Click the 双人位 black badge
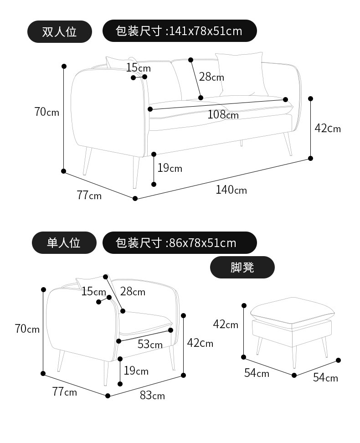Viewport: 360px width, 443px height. click(x=60, y=31)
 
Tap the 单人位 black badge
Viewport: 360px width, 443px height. click(x=64, y=242)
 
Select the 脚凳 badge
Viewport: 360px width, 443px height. click(x=242, y=267)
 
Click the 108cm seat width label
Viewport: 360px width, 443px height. click(x=223, y=114)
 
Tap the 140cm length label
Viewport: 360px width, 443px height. click(x=231, y=189)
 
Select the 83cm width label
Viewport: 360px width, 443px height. click(x=152, y=395)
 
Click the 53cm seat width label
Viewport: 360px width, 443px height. click(x=150, y=344)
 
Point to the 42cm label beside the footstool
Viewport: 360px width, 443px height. click(x=226, y=324)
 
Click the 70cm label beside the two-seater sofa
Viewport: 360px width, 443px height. click(x=47, y=111)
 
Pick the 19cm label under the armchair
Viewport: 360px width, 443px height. click(x=136, y=371)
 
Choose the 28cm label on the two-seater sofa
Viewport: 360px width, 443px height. click(x=211, y=77)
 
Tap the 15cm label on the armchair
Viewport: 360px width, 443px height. click(x=93, y=291)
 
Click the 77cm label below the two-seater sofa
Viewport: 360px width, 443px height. click(x=89, y=196)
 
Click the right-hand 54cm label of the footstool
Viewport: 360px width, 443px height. click(x=325, y=377)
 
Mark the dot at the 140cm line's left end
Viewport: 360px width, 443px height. click(x=135, y=198)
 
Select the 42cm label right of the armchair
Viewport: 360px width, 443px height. click(x=200, y=343)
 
